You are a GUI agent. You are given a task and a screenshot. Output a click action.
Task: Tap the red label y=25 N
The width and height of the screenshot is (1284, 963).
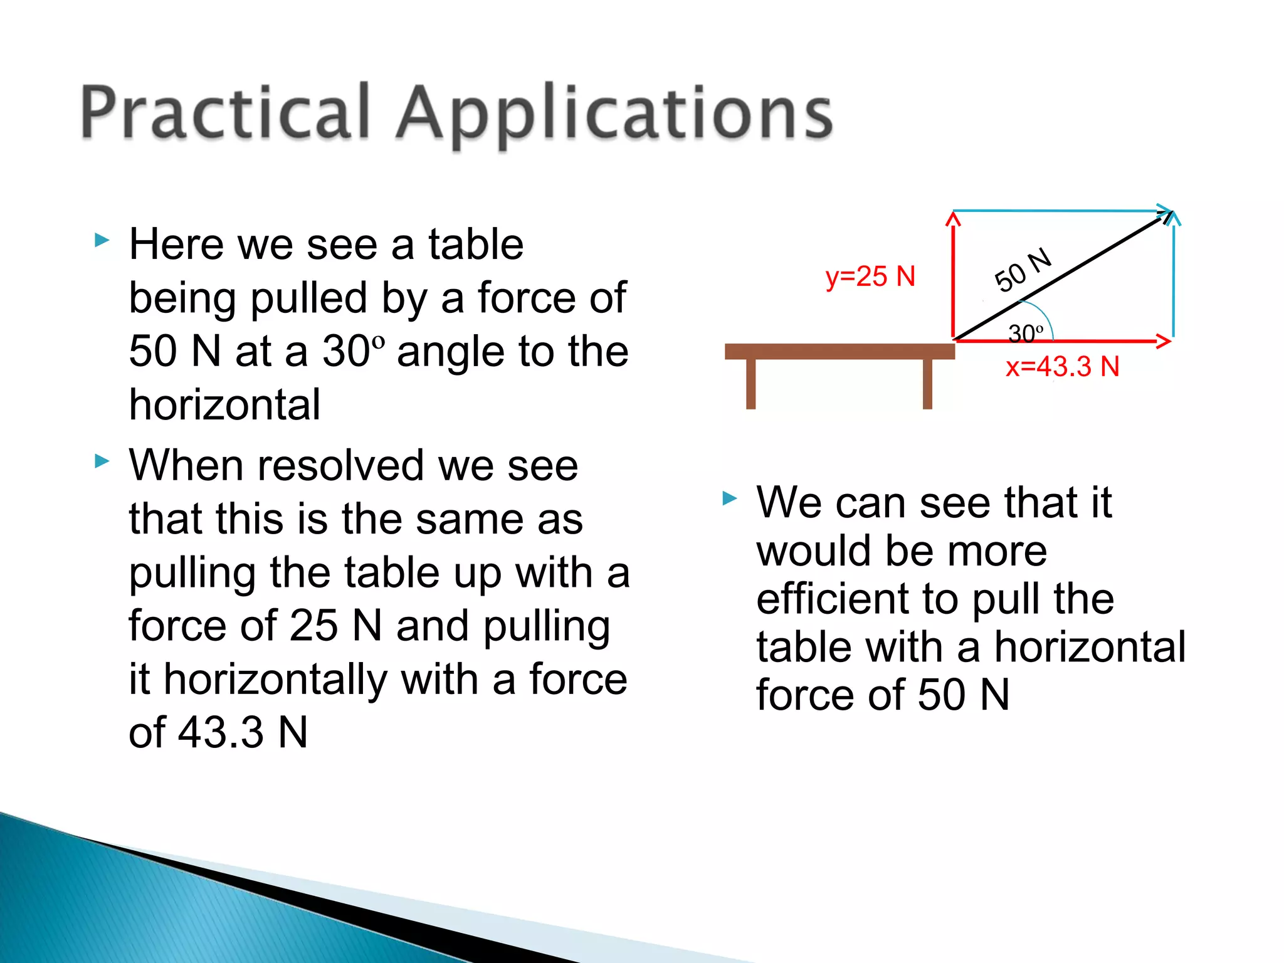870,276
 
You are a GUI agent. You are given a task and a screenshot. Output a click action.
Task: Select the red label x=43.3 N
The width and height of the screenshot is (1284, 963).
1063,367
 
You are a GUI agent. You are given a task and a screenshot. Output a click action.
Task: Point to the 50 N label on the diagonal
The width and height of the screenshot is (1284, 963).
1023,270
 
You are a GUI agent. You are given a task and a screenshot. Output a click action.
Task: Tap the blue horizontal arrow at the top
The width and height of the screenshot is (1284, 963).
1060,211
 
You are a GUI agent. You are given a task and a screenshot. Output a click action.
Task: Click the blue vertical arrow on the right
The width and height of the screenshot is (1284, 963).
1173,276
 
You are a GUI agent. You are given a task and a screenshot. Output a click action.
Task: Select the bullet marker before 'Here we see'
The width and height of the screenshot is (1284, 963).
102,239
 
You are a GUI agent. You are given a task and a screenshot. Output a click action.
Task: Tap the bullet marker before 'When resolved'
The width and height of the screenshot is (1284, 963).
102,462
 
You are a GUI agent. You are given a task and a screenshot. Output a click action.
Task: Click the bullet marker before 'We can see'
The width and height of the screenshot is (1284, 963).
729,499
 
